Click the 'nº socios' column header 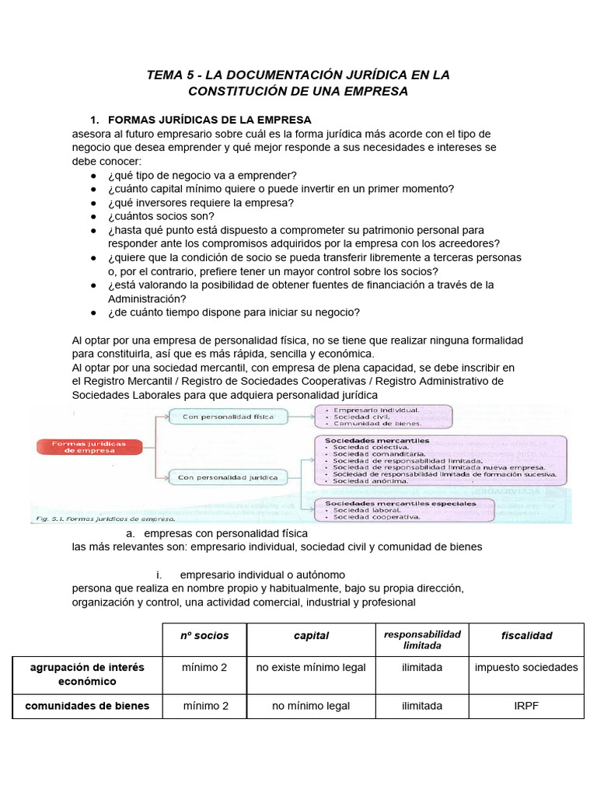pos(205,635)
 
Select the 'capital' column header pos(311,635)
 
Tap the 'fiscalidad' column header pos(526,635)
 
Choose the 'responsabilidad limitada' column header pos(422,639)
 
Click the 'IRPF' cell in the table pos(526,706)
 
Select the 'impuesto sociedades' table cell pos(526,667)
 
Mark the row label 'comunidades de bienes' pos(86,706)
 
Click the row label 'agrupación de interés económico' pos(86,674)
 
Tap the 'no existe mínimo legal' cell pos(311,667)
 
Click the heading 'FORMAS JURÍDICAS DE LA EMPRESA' pos(209,120)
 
